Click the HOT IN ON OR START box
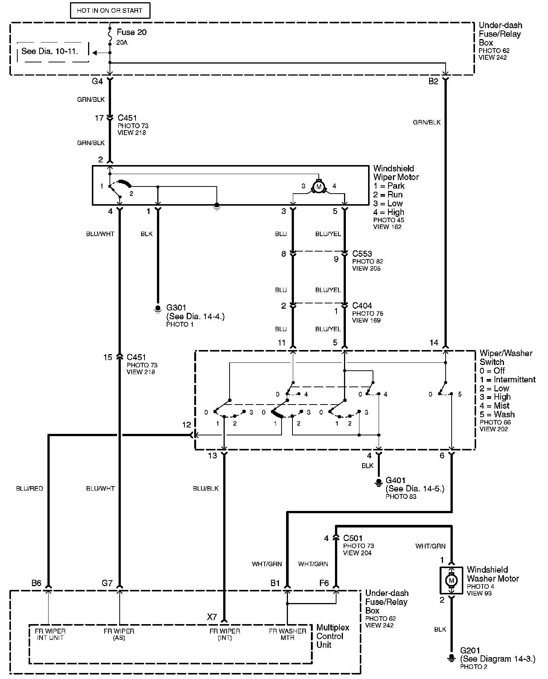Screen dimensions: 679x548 click(110, 11)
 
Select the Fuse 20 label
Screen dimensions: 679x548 click(131, 32)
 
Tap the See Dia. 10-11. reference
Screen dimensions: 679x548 click(50, 51)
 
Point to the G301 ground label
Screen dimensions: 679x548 click(176, 308)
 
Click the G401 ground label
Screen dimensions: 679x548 click(396, 480)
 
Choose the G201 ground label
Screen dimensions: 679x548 click(470, 650)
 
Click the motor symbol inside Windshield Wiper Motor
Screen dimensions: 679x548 click(319, 187)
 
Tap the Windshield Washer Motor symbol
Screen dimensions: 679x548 click(451, 581)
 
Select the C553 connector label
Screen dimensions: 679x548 click(362, 254)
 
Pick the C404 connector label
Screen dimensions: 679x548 click(362, 306)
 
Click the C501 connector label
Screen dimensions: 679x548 click(353, 538)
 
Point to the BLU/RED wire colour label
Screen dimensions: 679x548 click(29, 488)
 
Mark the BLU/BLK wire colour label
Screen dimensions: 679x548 click(205, 488)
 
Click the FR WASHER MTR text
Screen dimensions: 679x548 click(288, 634)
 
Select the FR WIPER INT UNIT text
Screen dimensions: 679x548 click(50, 634)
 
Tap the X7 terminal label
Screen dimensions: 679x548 click(212, 617)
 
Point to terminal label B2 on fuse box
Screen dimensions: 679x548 click(433, 82)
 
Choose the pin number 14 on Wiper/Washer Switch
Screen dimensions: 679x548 click(434, 343)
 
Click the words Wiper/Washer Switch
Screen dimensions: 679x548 click(506, 358)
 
